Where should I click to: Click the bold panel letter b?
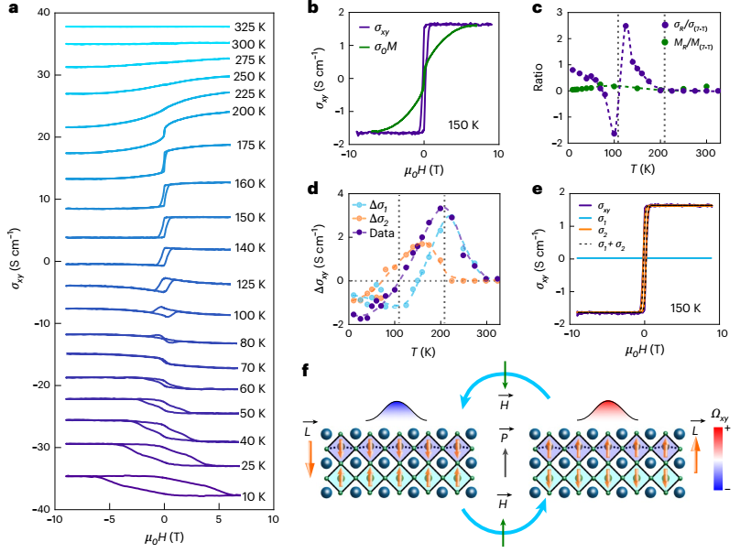[312, 9]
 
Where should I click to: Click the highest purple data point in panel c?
[626, 26]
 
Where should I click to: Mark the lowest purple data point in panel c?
[614, 134]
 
